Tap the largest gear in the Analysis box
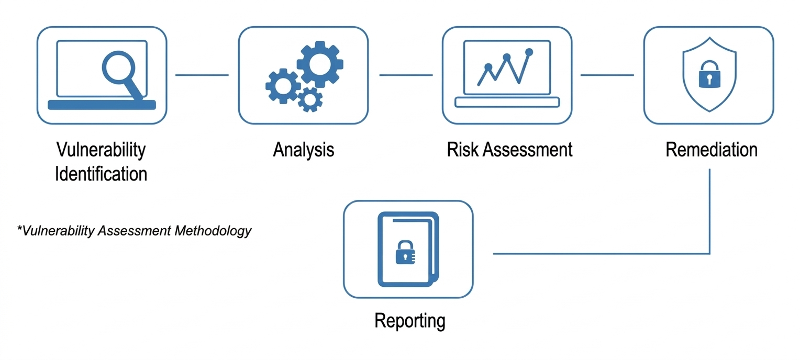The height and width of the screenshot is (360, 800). (319, 64)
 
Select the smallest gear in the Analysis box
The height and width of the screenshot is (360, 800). (310, 98)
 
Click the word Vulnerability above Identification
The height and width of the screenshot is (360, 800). (101, 150)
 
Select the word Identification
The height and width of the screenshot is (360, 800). (101, 173)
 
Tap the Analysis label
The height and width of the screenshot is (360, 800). (303, 150)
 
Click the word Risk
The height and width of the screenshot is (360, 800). (462, 150)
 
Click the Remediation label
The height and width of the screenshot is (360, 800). (711, 150)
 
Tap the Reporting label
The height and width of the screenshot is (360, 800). (409, 320)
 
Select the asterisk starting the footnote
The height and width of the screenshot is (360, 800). (20, 229)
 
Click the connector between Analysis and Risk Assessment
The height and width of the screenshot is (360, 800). (406, 75)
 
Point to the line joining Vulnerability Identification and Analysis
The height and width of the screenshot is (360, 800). (202, 75)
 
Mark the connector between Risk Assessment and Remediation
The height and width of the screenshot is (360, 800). (607, 75)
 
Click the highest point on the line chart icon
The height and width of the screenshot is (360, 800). (529, 52)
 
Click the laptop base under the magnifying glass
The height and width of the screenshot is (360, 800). (102, 105)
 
